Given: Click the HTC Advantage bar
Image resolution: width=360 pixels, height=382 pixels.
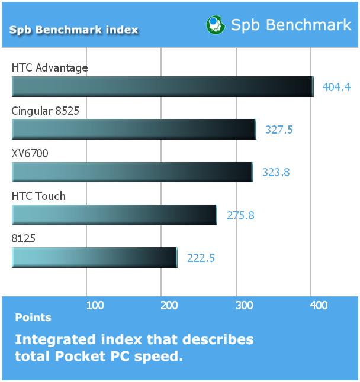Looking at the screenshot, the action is coord(163,86).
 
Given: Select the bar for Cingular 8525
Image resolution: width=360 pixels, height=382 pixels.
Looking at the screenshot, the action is coord(134,129).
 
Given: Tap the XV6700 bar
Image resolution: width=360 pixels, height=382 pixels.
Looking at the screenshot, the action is coord(133,172).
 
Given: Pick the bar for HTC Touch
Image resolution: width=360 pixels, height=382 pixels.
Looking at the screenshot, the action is coord(114,215).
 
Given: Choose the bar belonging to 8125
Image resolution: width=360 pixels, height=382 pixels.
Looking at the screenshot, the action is coord(94,257).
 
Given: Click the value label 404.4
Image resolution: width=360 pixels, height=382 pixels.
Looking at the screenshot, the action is coord(336,87).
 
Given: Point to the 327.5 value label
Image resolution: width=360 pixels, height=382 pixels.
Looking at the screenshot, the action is coord(279,130).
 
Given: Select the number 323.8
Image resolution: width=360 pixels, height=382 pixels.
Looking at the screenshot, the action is coord(276,172).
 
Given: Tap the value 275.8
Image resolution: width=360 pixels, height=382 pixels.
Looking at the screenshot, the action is coord(240,215).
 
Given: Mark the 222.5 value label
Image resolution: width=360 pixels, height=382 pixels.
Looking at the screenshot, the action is coord(201,258).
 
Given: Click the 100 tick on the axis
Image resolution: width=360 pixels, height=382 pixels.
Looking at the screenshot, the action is coord(95,305).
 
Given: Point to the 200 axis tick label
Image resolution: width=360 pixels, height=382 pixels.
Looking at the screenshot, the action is coord(169,305).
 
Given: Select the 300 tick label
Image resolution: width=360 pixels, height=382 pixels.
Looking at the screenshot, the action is coord(245,305).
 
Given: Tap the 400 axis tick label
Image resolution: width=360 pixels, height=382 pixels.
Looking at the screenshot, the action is coord(319,305).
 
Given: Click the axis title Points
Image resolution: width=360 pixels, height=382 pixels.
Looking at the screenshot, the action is coord(33,318).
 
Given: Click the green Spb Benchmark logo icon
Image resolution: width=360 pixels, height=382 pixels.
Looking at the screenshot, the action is coord(216,25).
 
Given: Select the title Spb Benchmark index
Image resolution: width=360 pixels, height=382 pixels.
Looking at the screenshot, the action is coord(73,30).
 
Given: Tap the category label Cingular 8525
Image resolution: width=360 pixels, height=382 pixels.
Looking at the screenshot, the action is coord(46,111).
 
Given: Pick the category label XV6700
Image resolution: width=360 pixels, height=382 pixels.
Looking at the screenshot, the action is coord(30,154).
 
